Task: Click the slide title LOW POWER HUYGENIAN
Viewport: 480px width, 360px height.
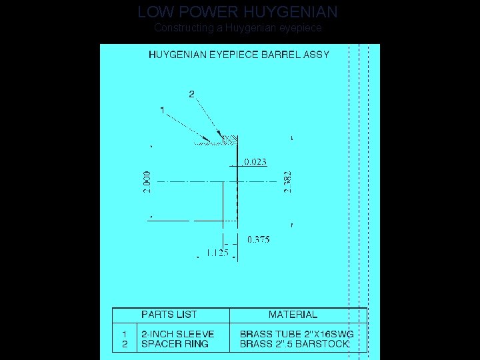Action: [238, 12]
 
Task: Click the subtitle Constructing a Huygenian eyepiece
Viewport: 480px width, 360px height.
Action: [238, 28]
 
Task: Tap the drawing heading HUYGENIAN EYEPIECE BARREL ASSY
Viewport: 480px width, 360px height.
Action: [239, 55]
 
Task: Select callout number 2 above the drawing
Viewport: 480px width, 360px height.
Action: [192, 94]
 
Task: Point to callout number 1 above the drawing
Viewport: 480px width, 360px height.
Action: [162, 109]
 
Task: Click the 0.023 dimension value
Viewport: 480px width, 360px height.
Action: [255, 161]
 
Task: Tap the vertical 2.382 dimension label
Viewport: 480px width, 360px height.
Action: [287, 181]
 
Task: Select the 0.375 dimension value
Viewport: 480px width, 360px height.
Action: [259, 239]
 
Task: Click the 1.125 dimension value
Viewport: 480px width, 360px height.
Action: [217, 253]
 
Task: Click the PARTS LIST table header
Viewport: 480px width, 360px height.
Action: [169, 315]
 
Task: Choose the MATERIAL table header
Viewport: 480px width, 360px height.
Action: [293, 315]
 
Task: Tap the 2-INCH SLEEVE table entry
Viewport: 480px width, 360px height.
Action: [178, 334]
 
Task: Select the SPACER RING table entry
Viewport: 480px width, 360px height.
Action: [175, 344]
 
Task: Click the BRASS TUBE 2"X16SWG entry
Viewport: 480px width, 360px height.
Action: [296, 334]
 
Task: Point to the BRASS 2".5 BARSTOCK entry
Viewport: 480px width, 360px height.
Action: [294, 344]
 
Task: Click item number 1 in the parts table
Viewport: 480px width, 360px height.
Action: [124, 334]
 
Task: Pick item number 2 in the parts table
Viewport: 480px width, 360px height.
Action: [124, 344]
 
